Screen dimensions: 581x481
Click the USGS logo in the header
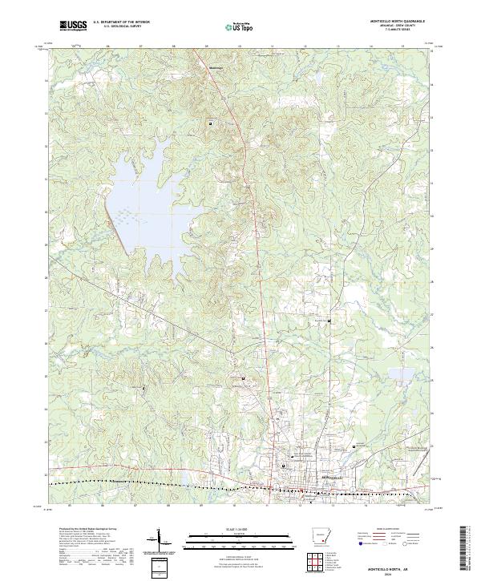74,26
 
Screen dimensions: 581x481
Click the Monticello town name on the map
309,478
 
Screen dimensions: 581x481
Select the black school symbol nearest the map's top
211,123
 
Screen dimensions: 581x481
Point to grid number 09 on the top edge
207,46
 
